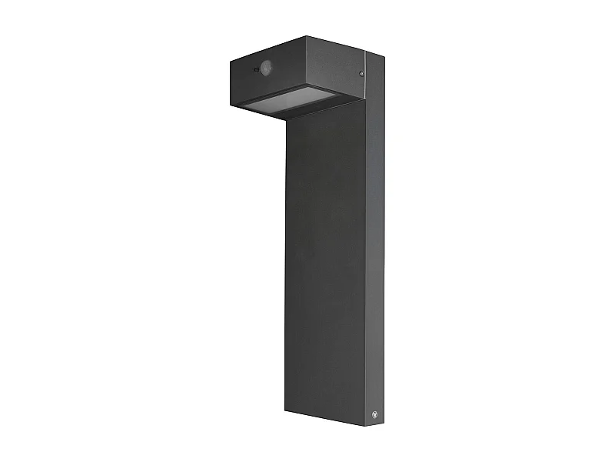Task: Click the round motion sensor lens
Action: (267, 68)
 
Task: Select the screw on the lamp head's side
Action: (361, 72)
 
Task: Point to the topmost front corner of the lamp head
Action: (306, 36)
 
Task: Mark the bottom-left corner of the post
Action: (285, 410)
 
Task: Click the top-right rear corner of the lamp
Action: (384, 59)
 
